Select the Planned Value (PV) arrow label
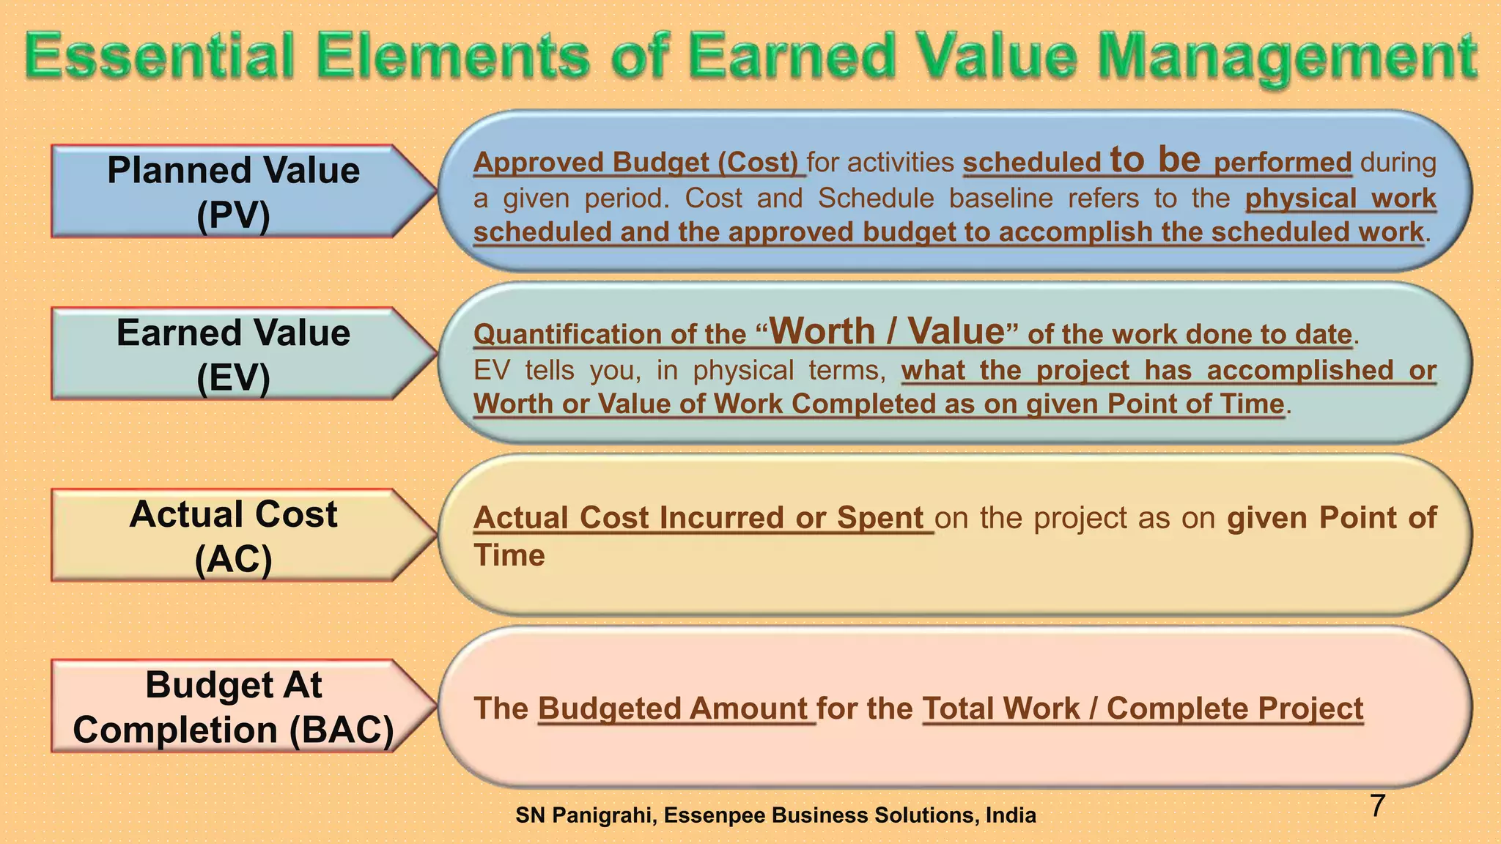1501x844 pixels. (x=233, y=192)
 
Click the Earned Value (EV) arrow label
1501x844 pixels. (x=233, y=355)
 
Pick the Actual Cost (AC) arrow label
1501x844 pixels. (x=233, y=536)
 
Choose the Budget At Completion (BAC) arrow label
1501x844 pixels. (x=233, y=707)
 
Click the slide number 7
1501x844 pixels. (x=1377, y=806)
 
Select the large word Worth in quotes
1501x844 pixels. (x=822, y=331)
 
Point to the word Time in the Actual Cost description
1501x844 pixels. (x=509, y=555)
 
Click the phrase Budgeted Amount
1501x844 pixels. (x=673, y=708)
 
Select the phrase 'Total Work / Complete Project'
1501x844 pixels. (x=1142, y=708)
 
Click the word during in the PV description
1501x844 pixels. (x=1398, y=162)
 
